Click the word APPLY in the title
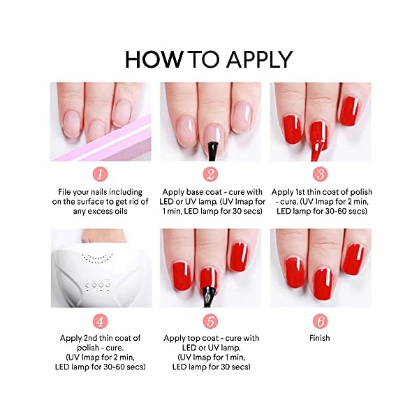pos(258,59)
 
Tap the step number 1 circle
pos(101,174)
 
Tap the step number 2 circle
pos(210,174)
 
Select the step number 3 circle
pos(320,174)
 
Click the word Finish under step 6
pos(320,339)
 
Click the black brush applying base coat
pos(210,147)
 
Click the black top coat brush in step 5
pos(207,293)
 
